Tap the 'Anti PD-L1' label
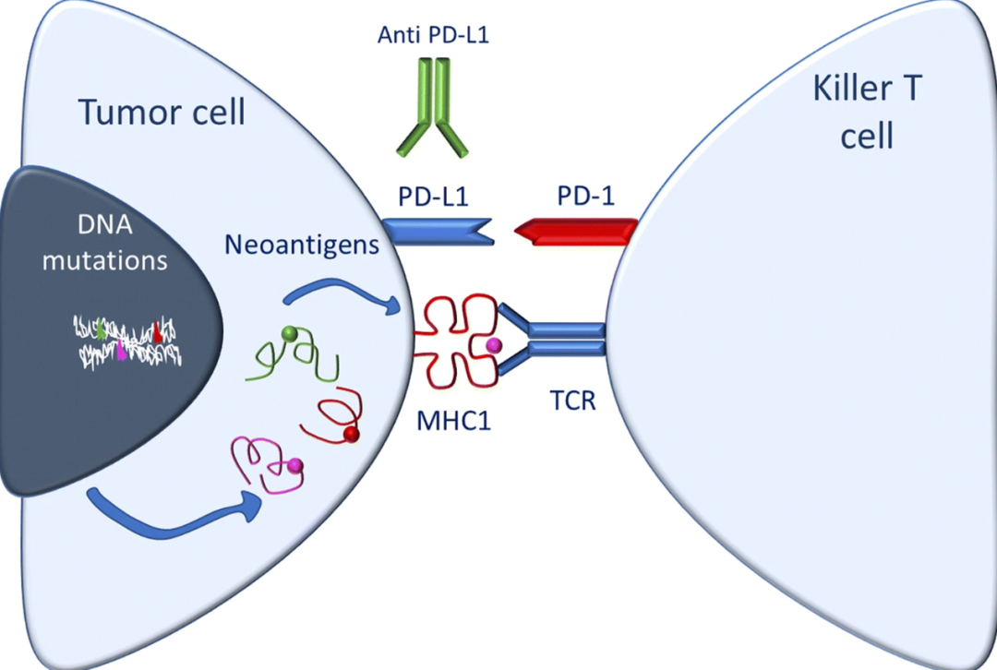(x=434, y=34)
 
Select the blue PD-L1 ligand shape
(x=438, y=232)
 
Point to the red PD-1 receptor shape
(x=575, y=232)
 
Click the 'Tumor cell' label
(x=162, y=112)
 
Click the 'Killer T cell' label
(x=867, y=112)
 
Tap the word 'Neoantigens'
(x=302, y=245)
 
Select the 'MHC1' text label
(x=454, y=421)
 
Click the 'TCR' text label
(x=573, y=401)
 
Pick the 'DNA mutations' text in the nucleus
(x=105, y=242)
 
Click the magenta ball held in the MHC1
(x=493, y=345)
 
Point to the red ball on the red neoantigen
(x=351, y=435)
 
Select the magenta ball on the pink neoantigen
(x=294, y=466)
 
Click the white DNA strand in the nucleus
(x=127, y=342)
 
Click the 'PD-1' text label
(x=585, y=197)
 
